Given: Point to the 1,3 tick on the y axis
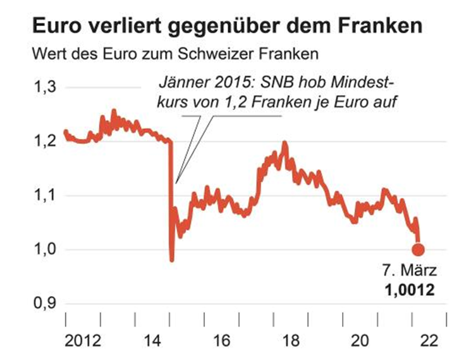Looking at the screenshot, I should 44,87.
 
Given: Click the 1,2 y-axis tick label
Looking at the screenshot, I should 44,141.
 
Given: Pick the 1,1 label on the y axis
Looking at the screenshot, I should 44,195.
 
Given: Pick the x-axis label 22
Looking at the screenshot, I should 428,340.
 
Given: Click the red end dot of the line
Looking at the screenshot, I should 418,249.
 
